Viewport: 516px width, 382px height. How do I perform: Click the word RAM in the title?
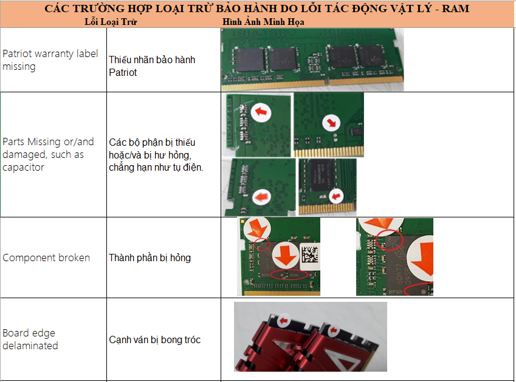click(x=455, y=9)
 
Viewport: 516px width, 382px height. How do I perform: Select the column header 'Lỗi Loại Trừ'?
click(x=111, y=22)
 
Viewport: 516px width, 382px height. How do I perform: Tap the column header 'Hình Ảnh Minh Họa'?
click(x=263, y=22)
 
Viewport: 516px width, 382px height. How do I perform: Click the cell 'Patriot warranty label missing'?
click(x=50, y=60)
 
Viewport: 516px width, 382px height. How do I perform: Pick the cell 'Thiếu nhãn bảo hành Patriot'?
click(x=152, y=66)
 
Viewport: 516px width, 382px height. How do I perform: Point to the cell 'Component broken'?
click(x=46, y=258)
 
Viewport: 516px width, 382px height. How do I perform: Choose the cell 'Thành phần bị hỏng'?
click(x=150, y=258)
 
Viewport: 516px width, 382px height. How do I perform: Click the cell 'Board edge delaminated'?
click(x=30, y=339)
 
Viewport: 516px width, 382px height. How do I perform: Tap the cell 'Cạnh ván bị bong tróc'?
click(x=154, y=339)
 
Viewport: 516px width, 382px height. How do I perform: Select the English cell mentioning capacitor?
click(x=48, y=154)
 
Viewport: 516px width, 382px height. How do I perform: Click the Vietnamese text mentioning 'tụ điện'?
click(x=156, y=155)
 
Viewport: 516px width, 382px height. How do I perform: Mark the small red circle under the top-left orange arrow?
click(x=263, y=245)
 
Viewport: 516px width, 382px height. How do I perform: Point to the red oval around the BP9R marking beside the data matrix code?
click(x=289, y=275)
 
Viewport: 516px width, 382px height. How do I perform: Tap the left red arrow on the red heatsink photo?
click(x=283, y=321)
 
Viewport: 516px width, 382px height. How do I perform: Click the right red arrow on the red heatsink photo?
click(x=334, y=330)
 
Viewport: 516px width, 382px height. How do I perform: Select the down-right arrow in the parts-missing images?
click(x=331, y=123)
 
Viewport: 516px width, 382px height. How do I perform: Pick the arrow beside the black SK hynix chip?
click(x=336, y=196)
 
